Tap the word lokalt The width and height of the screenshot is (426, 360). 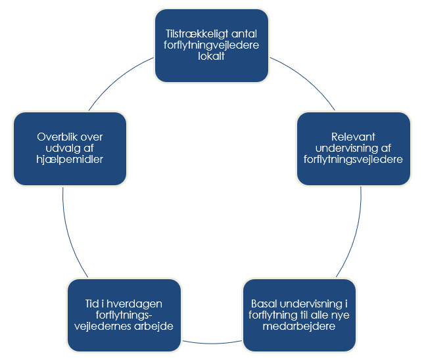[x=212, y=56]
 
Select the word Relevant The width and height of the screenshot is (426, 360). [x=354, y=136]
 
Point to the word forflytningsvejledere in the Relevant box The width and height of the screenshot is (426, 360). [x=354, y=159]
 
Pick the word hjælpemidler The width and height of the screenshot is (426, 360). [x=70, y=159]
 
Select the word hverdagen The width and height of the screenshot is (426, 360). [x=135, y=304]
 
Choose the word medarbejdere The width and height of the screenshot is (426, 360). [x=299, y=326]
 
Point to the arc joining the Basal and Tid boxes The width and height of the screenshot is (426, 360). [x=212, y=343]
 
